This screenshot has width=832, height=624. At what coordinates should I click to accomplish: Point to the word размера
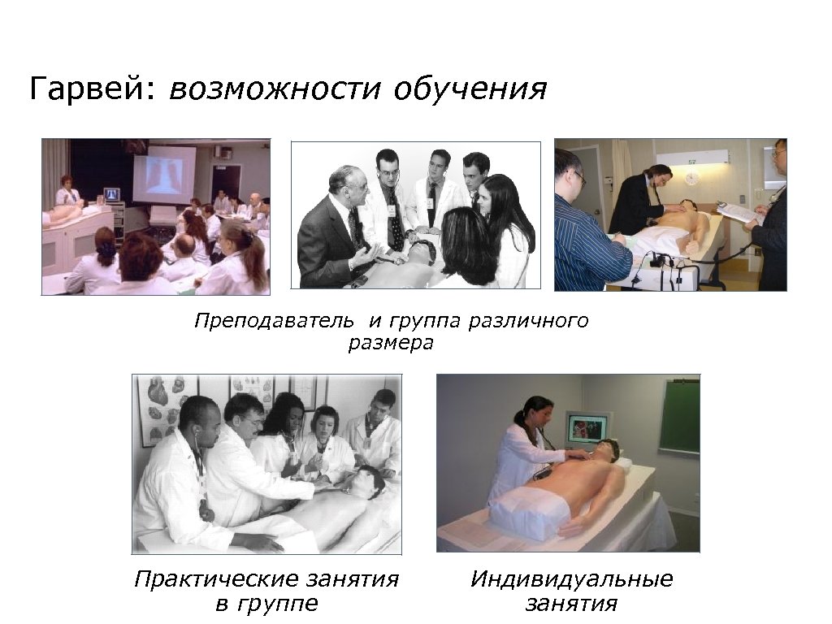[391, 344]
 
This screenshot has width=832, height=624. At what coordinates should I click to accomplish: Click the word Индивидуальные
[571, 580]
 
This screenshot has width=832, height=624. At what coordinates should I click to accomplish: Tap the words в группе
[266, 604]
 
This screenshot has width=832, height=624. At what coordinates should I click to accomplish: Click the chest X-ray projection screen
[164, 175]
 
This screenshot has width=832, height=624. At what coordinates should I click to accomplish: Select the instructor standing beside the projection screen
[66, 191]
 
